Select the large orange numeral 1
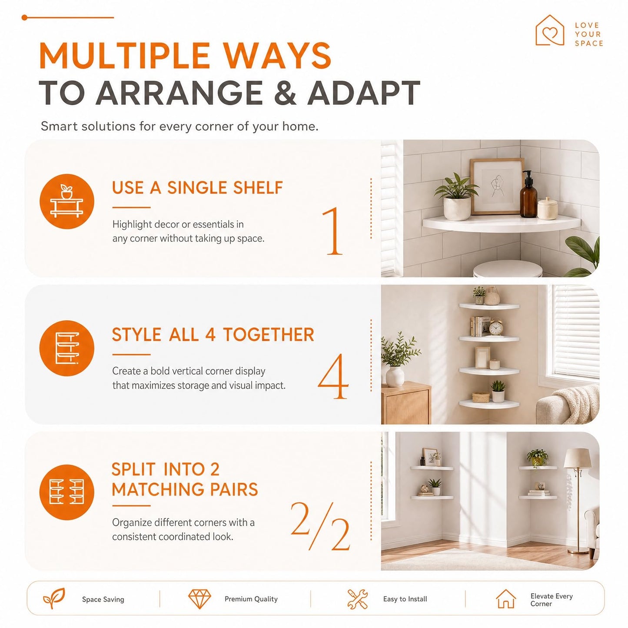coord(332,231)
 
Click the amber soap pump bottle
coord(528,195)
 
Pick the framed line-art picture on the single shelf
coord(497,186)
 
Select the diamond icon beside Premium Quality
coord(199,599)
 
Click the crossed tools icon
coord(357,599)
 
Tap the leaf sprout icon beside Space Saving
coord(54,598)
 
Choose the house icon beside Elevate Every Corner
coord(505,599)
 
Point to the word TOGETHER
coord(269,335)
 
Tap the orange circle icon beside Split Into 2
coord(66,492)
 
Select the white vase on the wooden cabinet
coord(395,376)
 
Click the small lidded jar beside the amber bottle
coord(547,208)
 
